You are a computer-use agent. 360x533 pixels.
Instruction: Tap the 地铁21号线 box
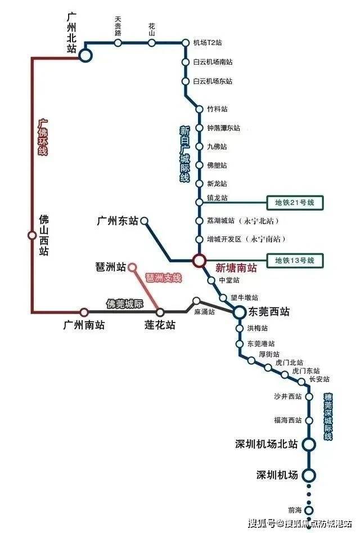coord(294,203)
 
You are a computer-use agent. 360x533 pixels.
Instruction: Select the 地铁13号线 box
coord(294,261)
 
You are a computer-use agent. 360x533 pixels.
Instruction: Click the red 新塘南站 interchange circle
coord(199,261)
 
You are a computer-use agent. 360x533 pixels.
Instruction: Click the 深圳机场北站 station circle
coord(309,444)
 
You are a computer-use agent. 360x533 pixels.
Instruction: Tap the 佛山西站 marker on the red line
coord(32,235)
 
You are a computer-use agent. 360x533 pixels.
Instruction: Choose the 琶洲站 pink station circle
coord(132,267)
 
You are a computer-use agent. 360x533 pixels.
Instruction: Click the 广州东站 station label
coord(118,221)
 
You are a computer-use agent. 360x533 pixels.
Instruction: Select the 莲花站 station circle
coord(160,312)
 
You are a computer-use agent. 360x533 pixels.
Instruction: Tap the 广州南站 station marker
coord(84,312)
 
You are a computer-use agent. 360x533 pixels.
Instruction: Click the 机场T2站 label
coord(208,43)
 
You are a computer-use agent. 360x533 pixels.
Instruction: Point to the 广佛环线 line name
coord(43,137)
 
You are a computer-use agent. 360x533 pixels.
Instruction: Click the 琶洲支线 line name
coord(163,277)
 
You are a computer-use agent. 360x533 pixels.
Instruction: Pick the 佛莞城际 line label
coord(125,303)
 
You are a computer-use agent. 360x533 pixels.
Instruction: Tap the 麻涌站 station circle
coord(196,301)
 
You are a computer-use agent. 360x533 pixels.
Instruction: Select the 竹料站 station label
coord(217,109)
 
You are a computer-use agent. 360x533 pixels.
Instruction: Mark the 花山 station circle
coord(152,43)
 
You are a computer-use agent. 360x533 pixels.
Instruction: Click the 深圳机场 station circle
coord(309,475)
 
